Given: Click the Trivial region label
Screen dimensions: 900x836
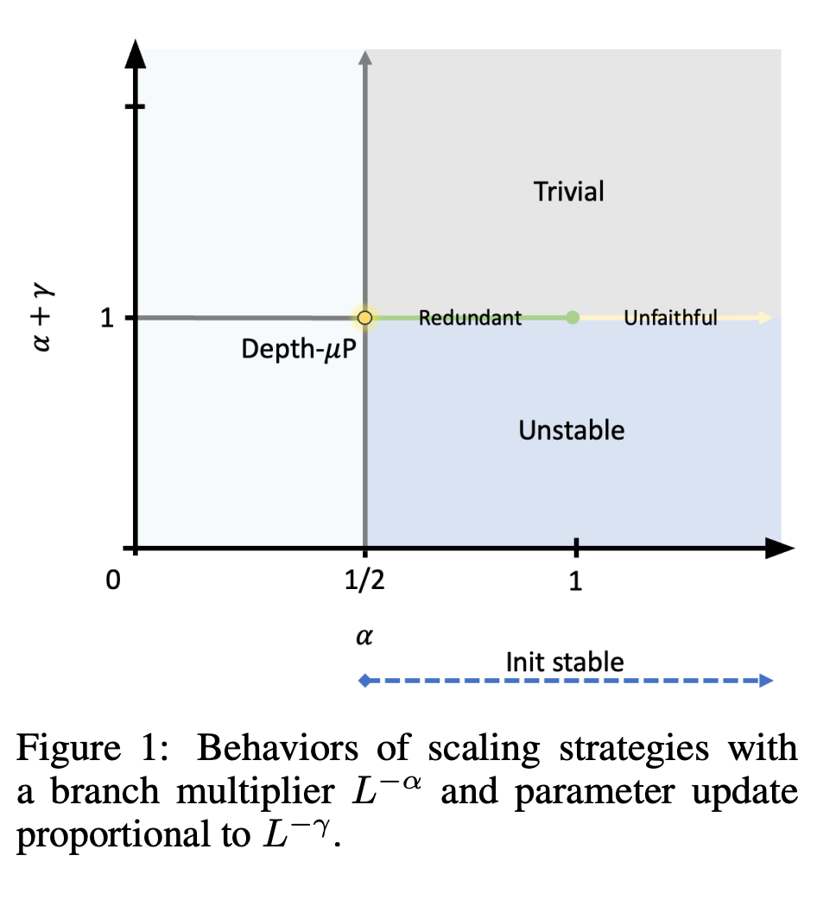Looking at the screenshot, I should pos(569,191).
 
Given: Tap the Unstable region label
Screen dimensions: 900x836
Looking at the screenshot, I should pos(571,429).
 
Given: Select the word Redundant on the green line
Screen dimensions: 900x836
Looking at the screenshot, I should pos(470,318).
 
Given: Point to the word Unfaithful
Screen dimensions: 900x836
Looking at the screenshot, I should pos(670,318).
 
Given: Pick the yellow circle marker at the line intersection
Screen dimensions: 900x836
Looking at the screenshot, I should pos(364,318).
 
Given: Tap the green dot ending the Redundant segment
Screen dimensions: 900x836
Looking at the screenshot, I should pos(573,317).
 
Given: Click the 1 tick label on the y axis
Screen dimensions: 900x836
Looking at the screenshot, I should pos(107,319).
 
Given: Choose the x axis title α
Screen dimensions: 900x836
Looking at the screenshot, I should pos(364,637).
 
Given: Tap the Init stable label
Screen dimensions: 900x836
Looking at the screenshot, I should pos(564,662).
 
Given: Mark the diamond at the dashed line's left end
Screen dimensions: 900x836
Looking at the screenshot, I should pos(364,681).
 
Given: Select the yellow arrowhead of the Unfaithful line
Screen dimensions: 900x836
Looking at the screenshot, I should pos(765,318).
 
